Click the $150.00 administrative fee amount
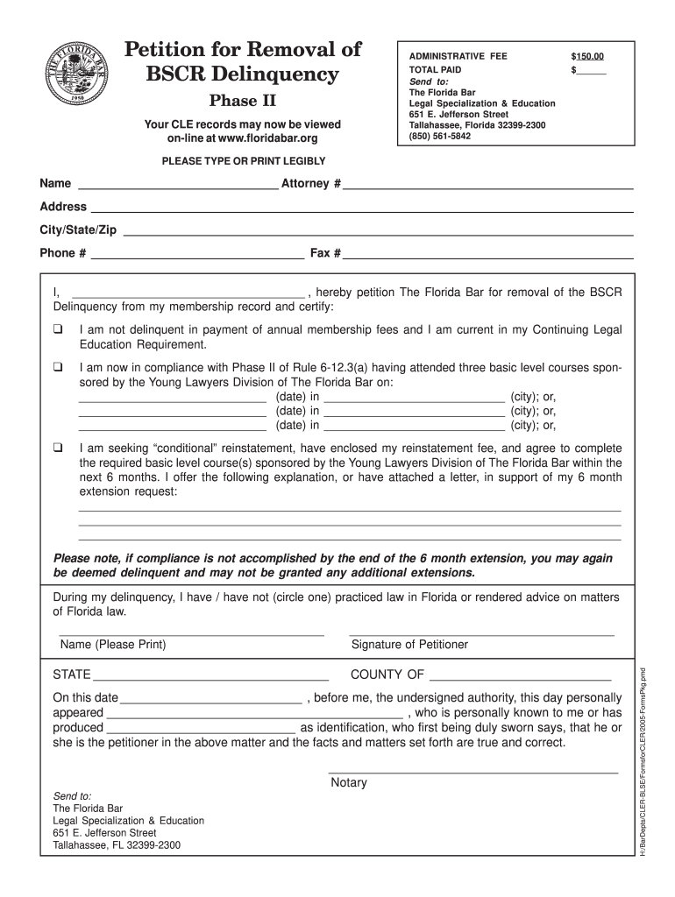(x=587, y=57)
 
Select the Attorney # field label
(x=310, y=184)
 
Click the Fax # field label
(x=325, y=253)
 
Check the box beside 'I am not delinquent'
(x=58, y=330)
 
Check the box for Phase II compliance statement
(x=58, y=368)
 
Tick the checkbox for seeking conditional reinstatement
(x=58, y=448)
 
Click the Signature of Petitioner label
(x=409, y=645)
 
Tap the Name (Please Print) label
(x=113, y=645)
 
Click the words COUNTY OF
(x=387, y=675)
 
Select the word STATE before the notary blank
(x=72, y=675)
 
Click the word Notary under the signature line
(x=349, y=782)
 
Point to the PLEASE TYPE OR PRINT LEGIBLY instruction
(x=244, y=161)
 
